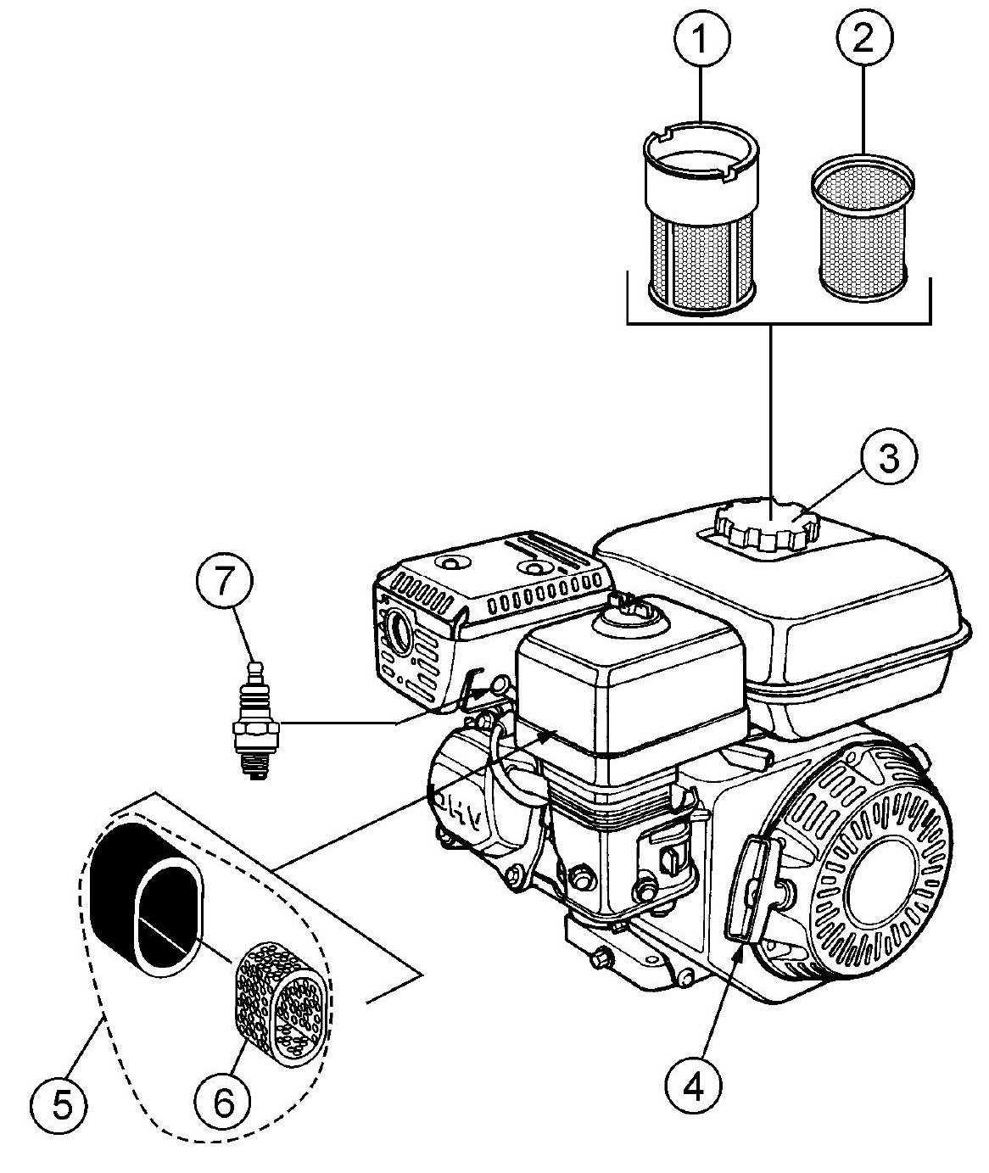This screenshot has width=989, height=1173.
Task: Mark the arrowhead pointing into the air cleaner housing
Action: tap(550, 733)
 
